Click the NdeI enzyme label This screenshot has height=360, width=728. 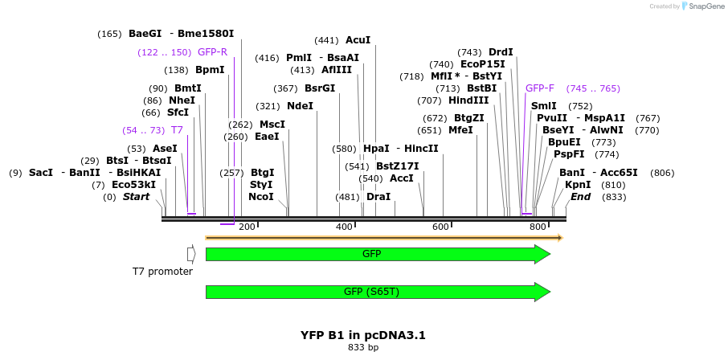point(300,106)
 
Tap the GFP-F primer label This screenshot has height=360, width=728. point(540,88)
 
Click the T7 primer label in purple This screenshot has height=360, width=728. point(177,130)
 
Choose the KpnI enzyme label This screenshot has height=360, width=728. point(578,185)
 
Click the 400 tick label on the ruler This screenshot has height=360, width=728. point(344,227)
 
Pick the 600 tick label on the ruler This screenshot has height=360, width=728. point(440,227)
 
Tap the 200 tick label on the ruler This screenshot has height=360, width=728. point(247,227)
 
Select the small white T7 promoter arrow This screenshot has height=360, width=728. point(191,254)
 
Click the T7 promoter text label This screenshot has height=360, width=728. point(163,272)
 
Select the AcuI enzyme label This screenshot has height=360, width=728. point(358,40)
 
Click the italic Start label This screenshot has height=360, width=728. point(136,197)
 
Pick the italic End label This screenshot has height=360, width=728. point(580,197)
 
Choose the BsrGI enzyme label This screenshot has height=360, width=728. point(320,88)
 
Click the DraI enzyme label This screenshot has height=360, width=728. point(378,197)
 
